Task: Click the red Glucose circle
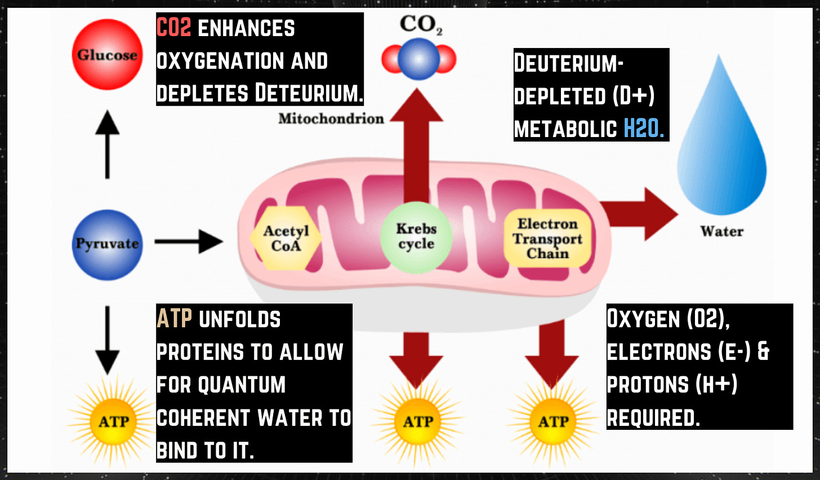click(108, 55)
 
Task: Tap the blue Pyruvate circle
click(107, 244)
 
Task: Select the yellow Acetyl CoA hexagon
click(286, 239)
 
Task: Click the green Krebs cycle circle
click(416, 237)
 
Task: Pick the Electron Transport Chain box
click(547, 239)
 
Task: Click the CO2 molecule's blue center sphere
click(418, 59)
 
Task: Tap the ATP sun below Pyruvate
click(113, 421)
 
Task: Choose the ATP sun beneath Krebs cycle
click(417, 421)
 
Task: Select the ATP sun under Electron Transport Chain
click(553, 421)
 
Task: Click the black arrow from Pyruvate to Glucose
click(107, 144)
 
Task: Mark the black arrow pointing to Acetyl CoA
click(189, 242)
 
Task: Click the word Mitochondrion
click(331, 118)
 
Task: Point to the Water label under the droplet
click(721, 231)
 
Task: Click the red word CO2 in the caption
click(174, 28)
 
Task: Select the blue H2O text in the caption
click(644, 129)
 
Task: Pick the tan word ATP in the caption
click(175, 319)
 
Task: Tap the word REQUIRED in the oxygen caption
click(653, 418)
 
